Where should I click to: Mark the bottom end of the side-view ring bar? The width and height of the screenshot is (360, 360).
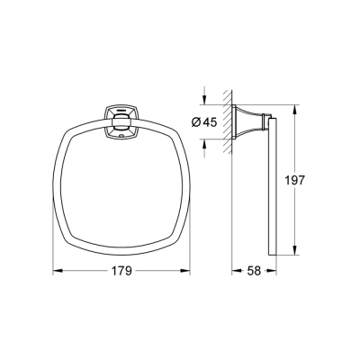273,254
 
